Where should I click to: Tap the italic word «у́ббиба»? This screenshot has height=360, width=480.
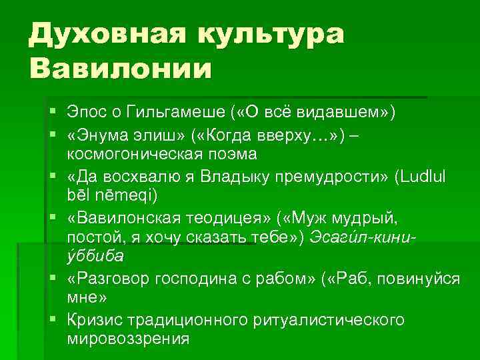(x=95, y=256)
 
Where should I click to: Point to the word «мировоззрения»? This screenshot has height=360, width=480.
(x=128, y=338)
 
